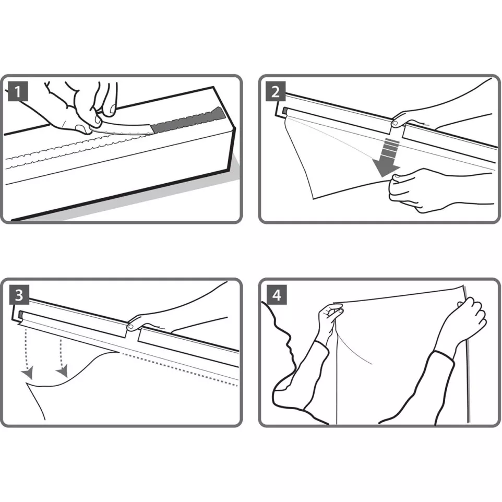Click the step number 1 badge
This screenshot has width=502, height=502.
pos(18,93)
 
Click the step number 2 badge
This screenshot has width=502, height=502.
pos(275,93)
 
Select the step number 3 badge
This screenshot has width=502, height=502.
pos(19,295)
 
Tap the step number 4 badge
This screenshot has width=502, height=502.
pos(276,295)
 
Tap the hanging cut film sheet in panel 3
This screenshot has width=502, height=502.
pos(68,397)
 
